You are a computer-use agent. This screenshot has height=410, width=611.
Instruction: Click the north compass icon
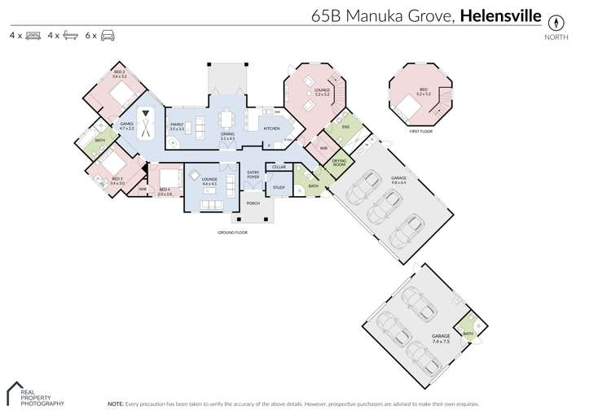click(x=557, y=22)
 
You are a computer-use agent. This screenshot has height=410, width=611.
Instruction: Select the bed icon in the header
click(x=33, y=36)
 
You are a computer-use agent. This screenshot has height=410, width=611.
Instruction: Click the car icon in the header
click(x=108, y=36)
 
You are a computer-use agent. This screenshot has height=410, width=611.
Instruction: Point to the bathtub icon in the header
click(x=71, y=36)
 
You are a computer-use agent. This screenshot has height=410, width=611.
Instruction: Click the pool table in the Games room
click(x=147, y=125)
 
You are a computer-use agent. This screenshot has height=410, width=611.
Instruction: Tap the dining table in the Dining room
click(x=227, y=121)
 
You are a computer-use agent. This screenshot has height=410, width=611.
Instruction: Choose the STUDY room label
click(x=279, y=187)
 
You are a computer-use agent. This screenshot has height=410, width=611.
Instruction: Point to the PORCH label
click(x=253, y=203)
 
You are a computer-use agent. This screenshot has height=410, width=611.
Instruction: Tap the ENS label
click(x=345, y=127)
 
